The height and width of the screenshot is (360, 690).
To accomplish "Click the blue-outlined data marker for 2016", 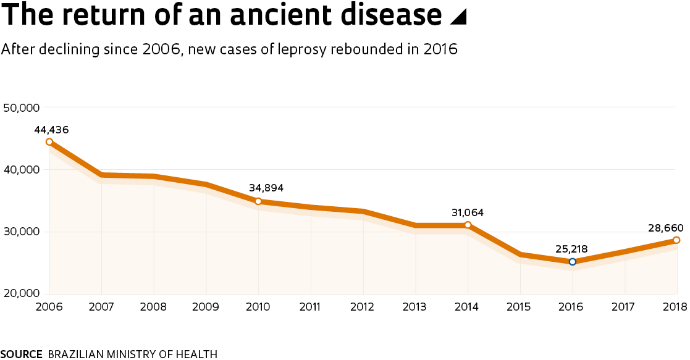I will click(x=572, y=262).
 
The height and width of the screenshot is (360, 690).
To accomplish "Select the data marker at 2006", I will click(x=49, y=142).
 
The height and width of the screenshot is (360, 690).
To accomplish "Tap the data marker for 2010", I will click(x=258, y=201).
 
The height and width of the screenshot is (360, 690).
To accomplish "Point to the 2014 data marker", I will click(x=468, y=225).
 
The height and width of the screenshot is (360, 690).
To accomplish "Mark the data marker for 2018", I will click(x=676, y=240).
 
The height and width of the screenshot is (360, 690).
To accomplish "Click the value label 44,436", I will click(x=51, y=130).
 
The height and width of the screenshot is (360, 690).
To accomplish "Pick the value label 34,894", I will click(x=266, y=188).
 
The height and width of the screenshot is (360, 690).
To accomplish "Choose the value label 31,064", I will click(x=467, y=212).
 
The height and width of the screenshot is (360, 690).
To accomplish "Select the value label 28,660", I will click(x=664, y=228).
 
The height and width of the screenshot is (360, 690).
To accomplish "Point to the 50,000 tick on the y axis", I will click(x=22, y=107).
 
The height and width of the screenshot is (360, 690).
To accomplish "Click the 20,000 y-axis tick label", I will click(x=22, y=293).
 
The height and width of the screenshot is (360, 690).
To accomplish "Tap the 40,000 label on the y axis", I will click(x=22, y=169).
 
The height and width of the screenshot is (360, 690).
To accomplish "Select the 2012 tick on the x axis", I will click(x=363, y=306).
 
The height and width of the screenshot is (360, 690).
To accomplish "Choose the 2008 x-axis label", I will click(x=153, y=306).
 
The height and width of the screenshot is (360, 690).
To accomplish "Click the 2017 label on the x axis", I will click(x=625, y=306).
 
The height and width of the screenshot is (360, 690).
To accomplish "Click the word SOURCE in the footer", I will click(x=21, y=354).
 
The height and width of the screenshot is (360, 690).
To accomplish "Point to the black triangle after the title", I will click(x=458, y=18).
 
